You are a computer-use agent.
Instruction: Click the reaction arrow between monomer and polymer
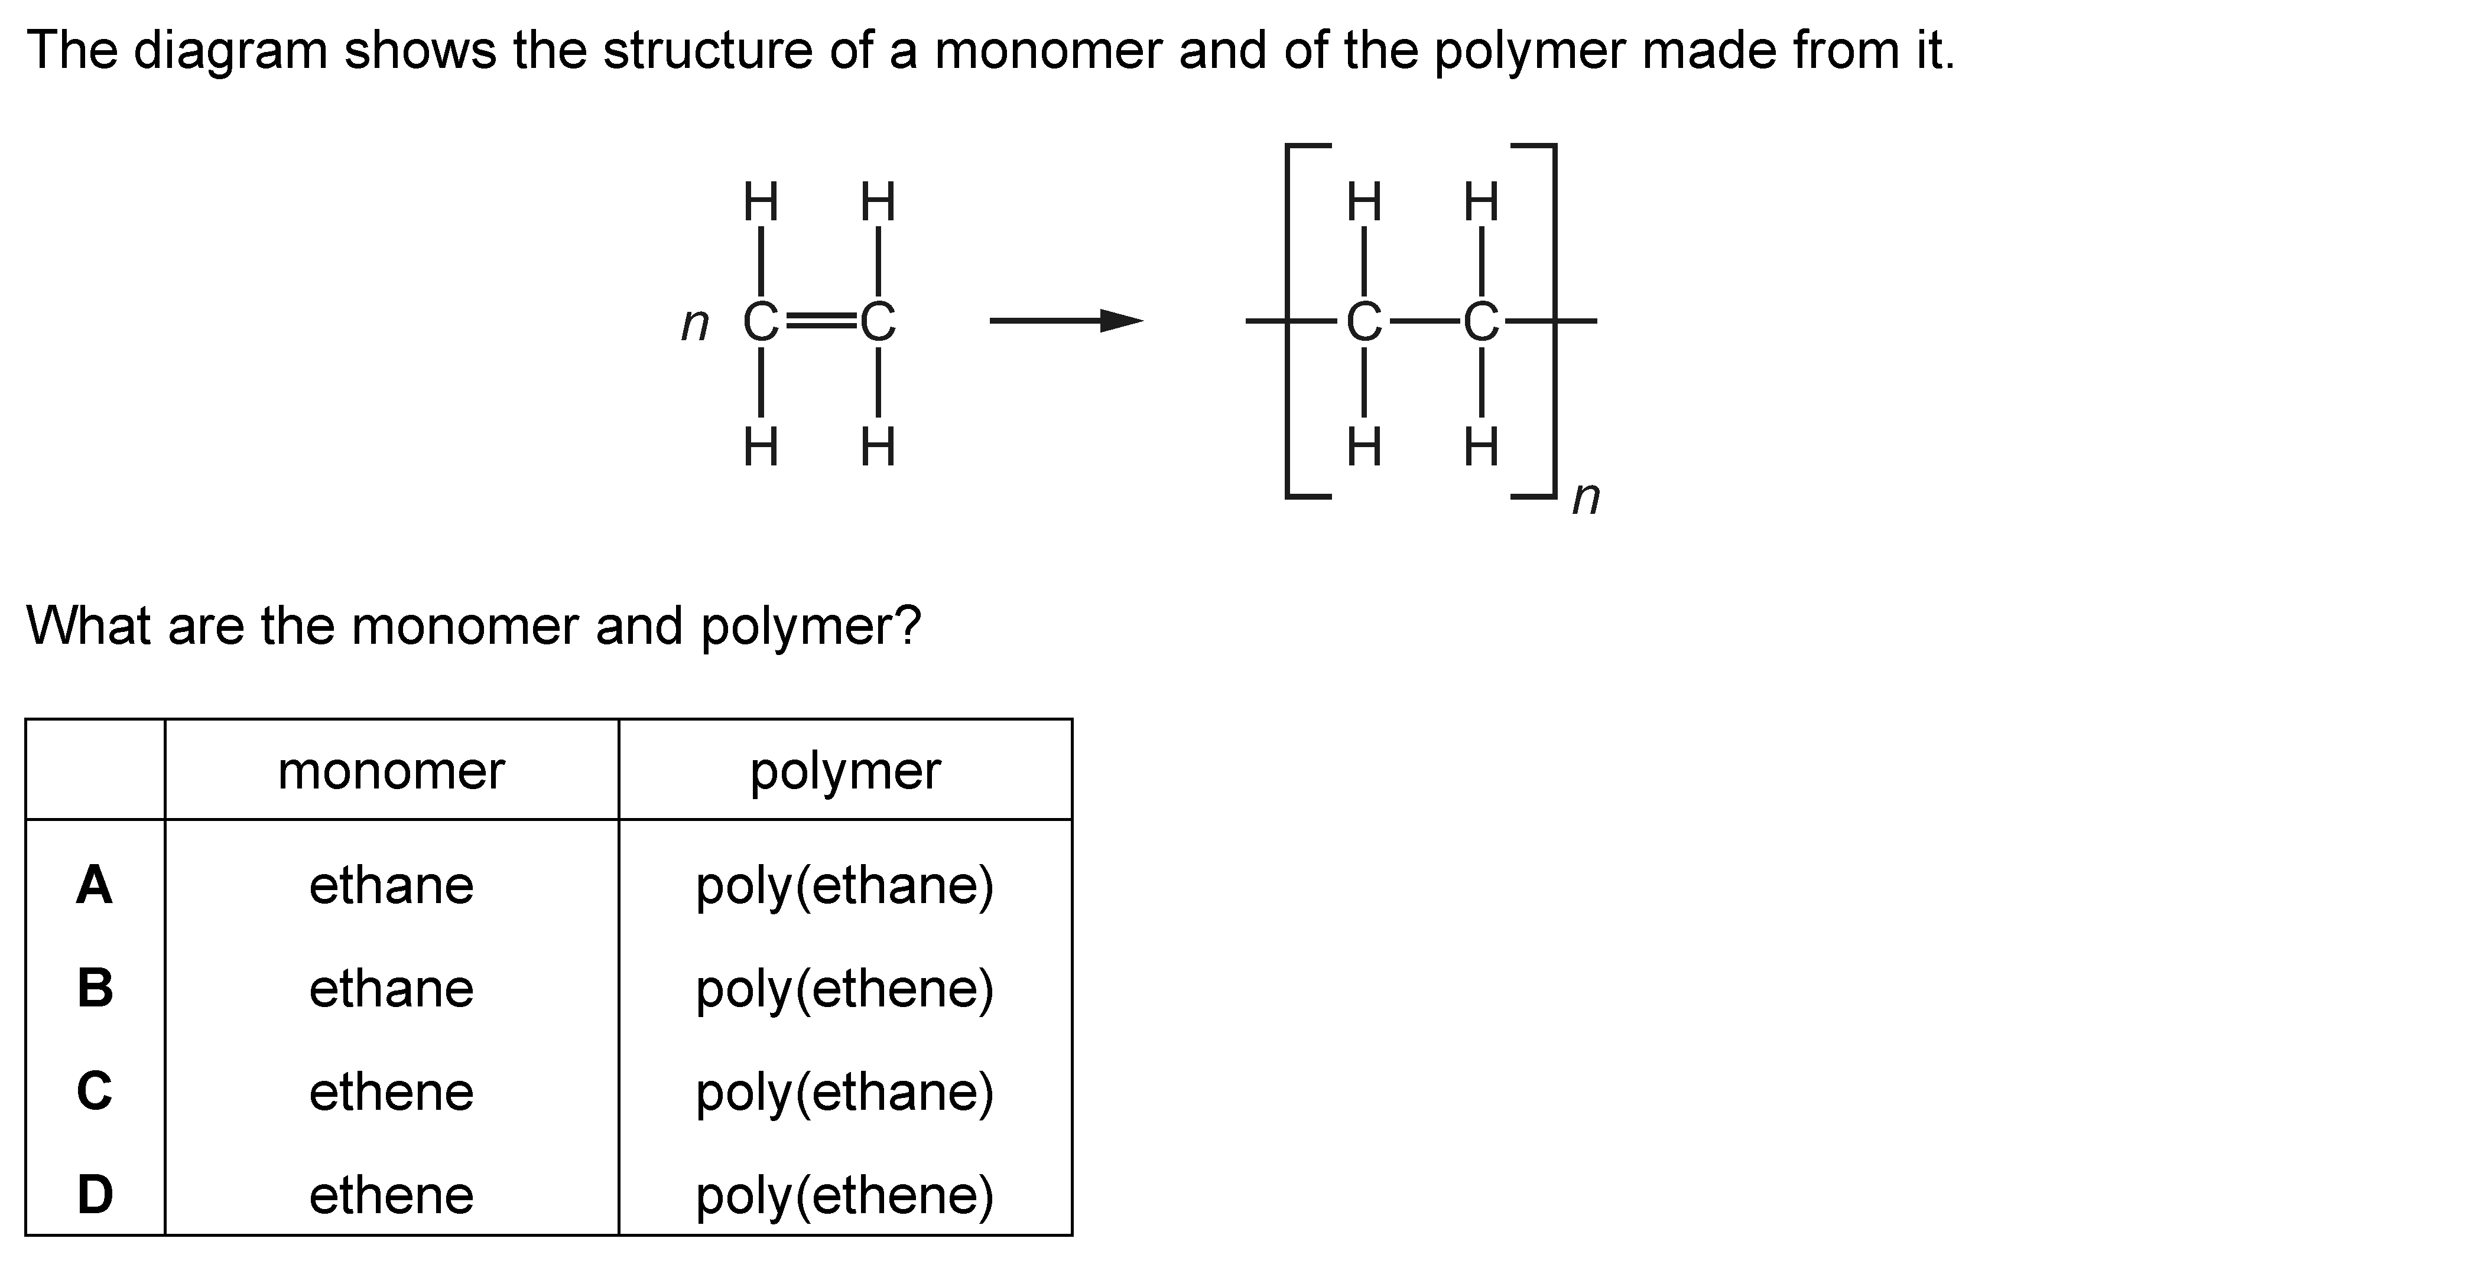click(1065, 321)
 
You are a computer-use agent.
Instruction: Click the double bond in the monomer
click(819, 322)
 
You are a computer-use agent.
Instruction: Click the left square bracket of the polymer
click(1292, 321)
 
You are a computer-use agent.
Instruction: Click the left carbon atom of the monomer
click(760, 322)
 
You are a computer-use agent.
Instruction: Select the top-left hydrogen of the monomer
click(760, 203)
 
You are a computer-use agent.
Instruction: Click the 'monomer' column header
click(391, 771)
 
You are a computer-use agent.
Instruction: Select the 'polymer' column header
click(845, 771)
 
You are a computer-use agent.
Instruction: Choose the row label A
click(95, 884)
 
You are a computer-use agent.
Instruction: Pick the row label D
click(95, 1194)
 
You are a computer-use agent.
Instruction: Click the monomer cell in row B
click(391, 988)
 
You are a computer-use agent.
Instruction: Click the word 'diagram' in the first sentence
click(231, 50)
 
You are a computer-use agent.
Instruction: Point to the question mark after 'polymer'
click(909, 626)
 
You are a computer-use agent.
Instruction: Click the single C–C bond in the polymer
click(1422, 322)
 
